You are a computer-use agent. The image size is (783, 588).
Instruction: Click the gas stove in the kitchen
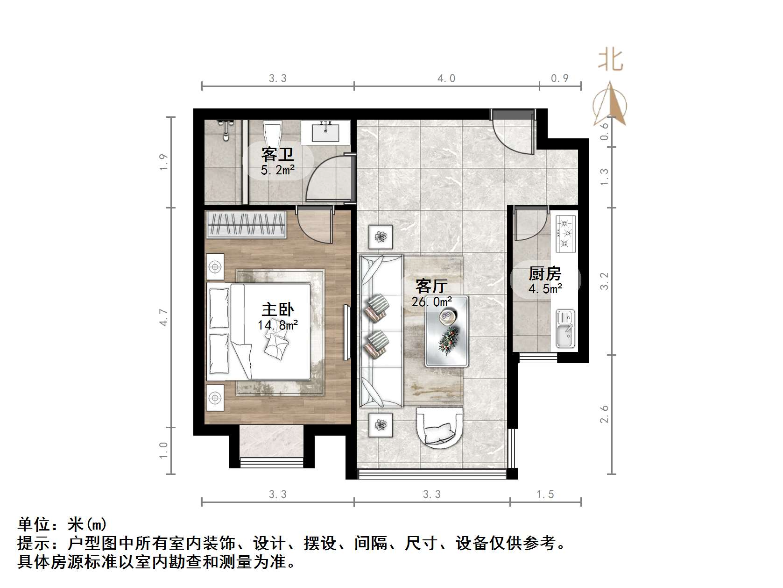coord(565,233)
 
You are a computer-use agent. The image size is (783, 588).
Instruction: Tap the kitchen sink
coord(565,329)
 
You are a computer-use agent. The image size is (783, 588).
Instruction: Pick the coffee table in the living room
coord(447,331)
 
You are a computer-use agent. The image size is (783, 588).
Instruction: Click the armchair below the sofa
coord(439,427)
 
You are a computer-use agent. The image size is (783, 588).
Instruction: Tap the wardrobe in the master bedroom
coord(246,224)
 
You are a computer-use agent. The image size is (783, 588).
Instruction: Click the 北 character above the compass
coord(610,60)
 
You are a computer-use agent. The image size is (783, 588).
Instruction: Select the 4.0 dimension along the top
coord(446,78)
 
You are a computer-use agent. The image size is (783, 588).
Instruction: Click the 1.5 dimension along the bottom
coord(545,494)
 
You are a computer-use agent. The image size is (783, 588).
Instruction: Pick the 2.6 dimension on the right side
coord(604,414)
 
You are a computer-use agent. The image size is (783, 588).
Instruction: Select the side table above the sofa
coord(381,237)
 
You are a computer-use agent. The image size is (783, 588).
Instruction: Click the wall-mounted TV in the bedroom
coord(346,332)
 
